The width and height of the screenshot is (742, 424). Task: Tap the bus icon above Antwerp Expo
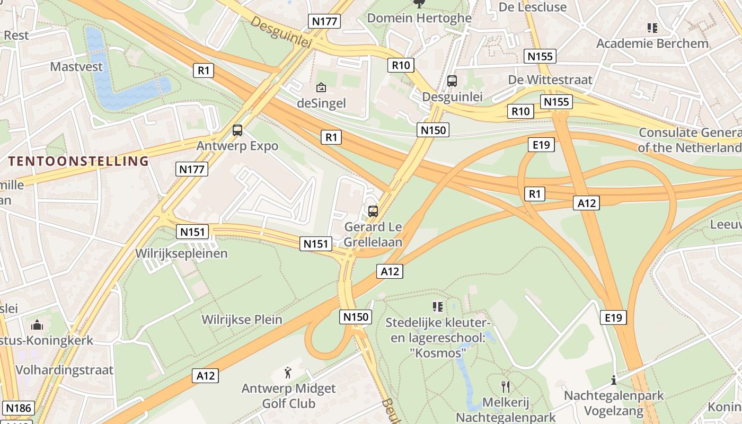[x=237, y=130]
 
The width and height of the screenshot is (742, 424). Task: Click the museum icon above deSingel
[x=321, y=87]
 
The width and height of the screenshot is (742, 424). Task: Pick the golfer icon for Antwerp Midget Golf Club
[x=288, y=373]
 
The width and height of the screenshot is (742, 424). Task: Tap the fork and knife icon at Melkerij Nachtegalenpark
[x=506, y=387]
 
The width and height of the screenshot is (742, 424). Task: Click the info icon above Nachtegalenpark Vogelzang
[x=614, y=380]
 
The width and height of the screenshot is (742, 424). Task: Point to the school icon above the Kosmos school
[x=437, y=306]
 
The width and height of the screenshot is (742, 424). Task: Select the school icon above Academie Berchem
[x=652, y=28]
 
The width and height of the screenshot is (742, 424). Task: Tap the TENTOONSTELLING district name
[x=78, y=161]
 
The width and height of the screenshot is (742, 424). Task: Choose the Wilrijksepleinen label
[x=181, y=253]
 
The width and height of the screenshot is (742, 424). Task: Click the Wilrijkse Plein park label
[x=242, y=320]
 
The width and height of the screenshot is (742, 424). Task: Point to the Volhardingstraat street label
[x=65, y=369]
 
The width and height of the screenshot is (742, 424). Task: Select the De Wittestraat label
[x=550, y=79]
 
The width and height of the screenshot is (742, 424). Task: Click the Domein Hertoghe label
[x=419, y=18]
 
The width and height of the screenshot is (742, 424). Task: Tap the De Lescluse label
[x=533, y=7]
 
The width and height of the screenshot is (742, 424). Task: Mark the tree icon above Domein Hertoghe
[x=419, y=4]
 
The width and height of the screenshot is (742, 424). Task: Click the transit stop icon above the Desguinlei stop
[x=452, y=81]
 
